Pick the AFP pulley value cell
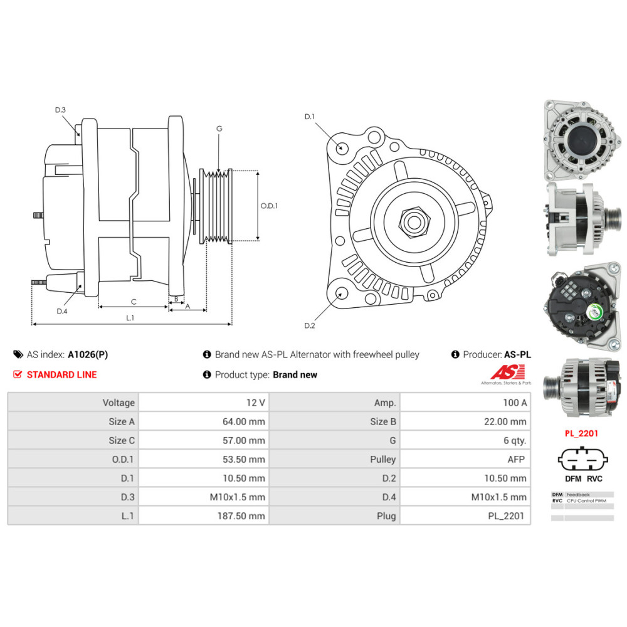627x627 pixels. coord(516,459)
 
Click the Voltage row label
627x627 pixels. coord(119,403)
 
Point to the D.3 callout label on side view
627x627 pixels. coord(60,110)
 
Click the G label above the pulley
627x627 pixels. coord(219,129)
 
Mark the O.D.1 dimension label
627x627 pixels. coord(269,205)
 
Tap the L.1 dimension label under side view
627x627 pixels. coord(130,318)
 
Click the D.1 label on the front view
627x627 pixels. coord(309,117)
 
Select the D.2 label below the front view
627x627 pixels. coord(309,325)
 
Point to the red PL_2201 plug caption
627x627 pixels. coord(581,433)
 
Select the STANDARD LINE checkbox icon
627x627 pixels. coord(18,374)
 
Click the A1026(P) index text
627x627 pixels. coord(88,354)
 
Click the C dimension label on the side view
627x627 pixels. coord(134,302)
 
